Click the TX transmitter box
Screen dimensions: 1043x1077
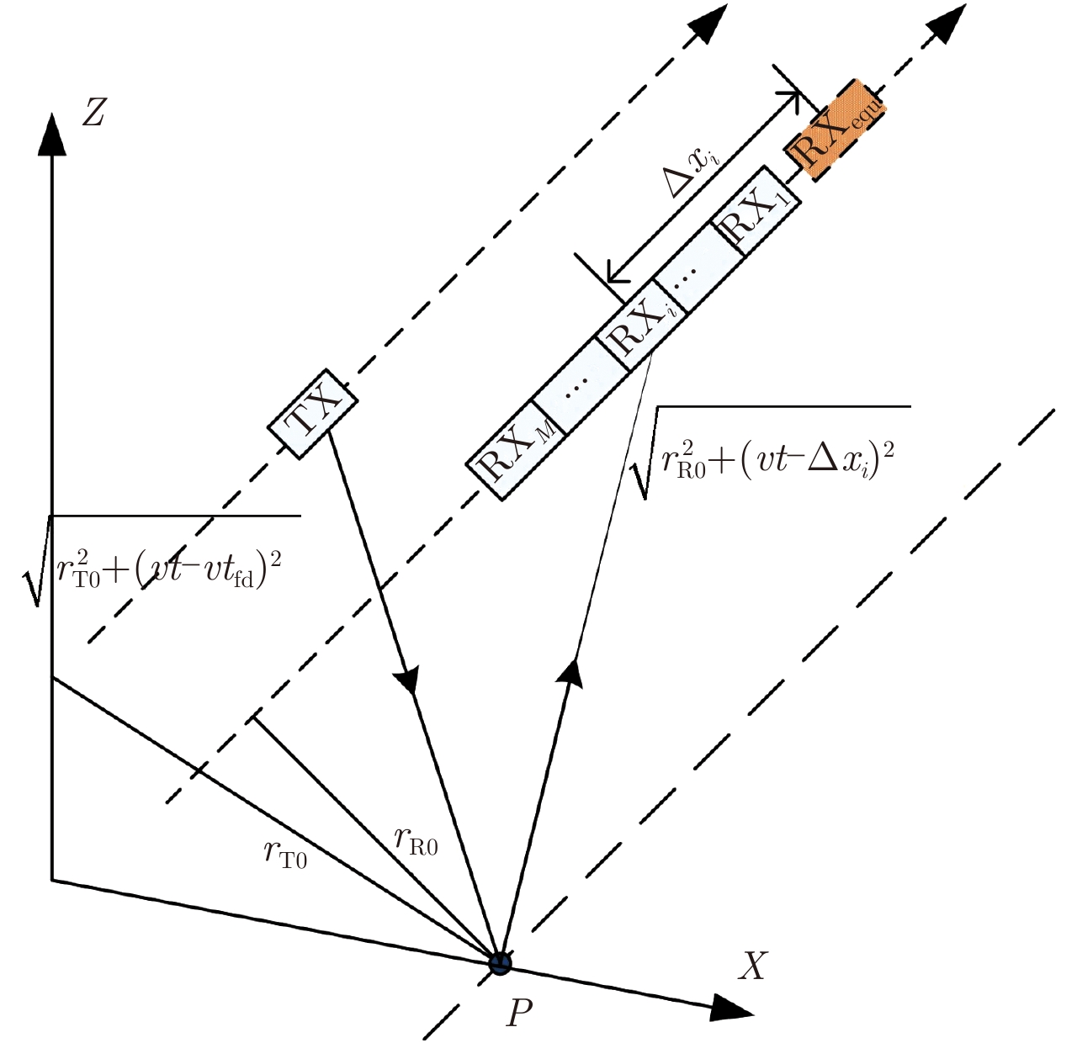point(312,413)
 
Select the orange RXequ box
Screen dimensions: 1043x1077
point(836,129)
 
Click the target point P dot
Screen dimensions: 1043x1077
point(501,963)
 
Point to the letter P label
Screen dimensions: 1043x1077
point(519,1013)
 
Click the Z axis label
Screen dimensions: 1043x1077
point(93,111)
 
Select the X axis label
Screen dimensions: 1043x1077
point(752,966)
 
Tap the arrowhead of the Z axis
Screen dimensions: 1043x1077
point(52,135)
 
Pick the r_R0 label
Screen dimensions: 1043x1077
point(416,839)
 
